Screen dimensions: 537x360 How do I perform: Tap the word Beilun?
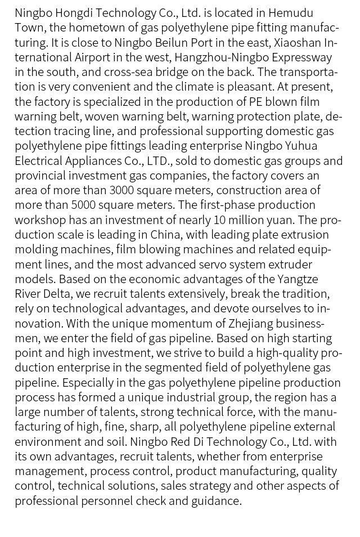click(x=165, y=42)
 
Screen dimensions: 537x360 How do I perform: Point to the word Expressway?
click(x=302, y=57)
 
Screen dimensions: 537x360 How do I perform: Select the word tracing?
click(x=79, y=131)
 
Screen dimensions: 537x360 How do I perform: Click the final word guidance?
click(x=218, y=500)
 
